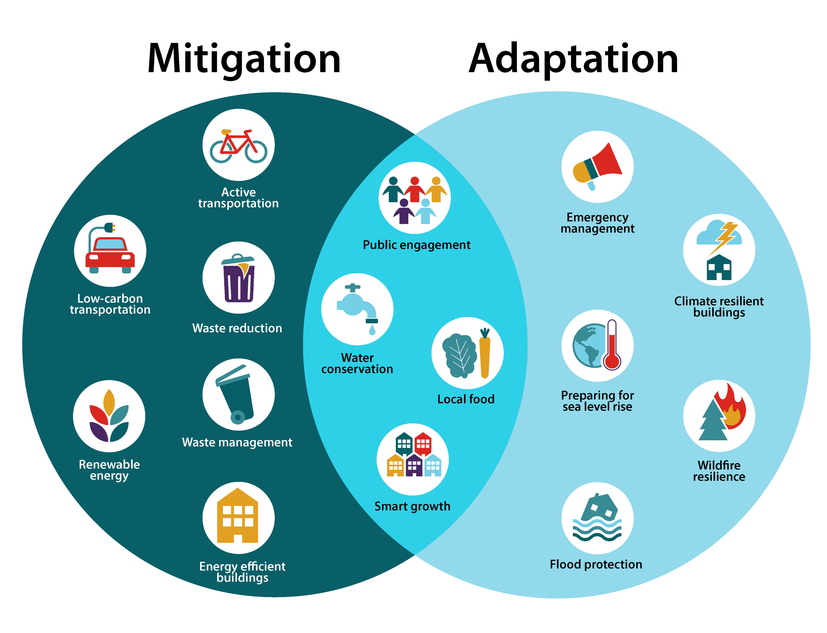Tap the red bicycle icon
pyautogui.click(x=238, y=146)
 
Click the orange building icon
pyautogui.click(x=238, y=516)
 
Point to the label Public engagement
pyautogui.click(x=416, y=245)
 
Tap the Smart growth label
pyautogui.click(x=412, y=506)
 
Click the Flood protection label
pyautogui.click(x=596, y=564)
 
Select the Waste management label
pyautogui.click(x=237, y=442)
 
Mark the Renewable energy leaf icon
pyautogui.click(x=109, y=416)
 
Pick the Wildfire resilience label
pyautogui.click(x=719, y=471)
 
